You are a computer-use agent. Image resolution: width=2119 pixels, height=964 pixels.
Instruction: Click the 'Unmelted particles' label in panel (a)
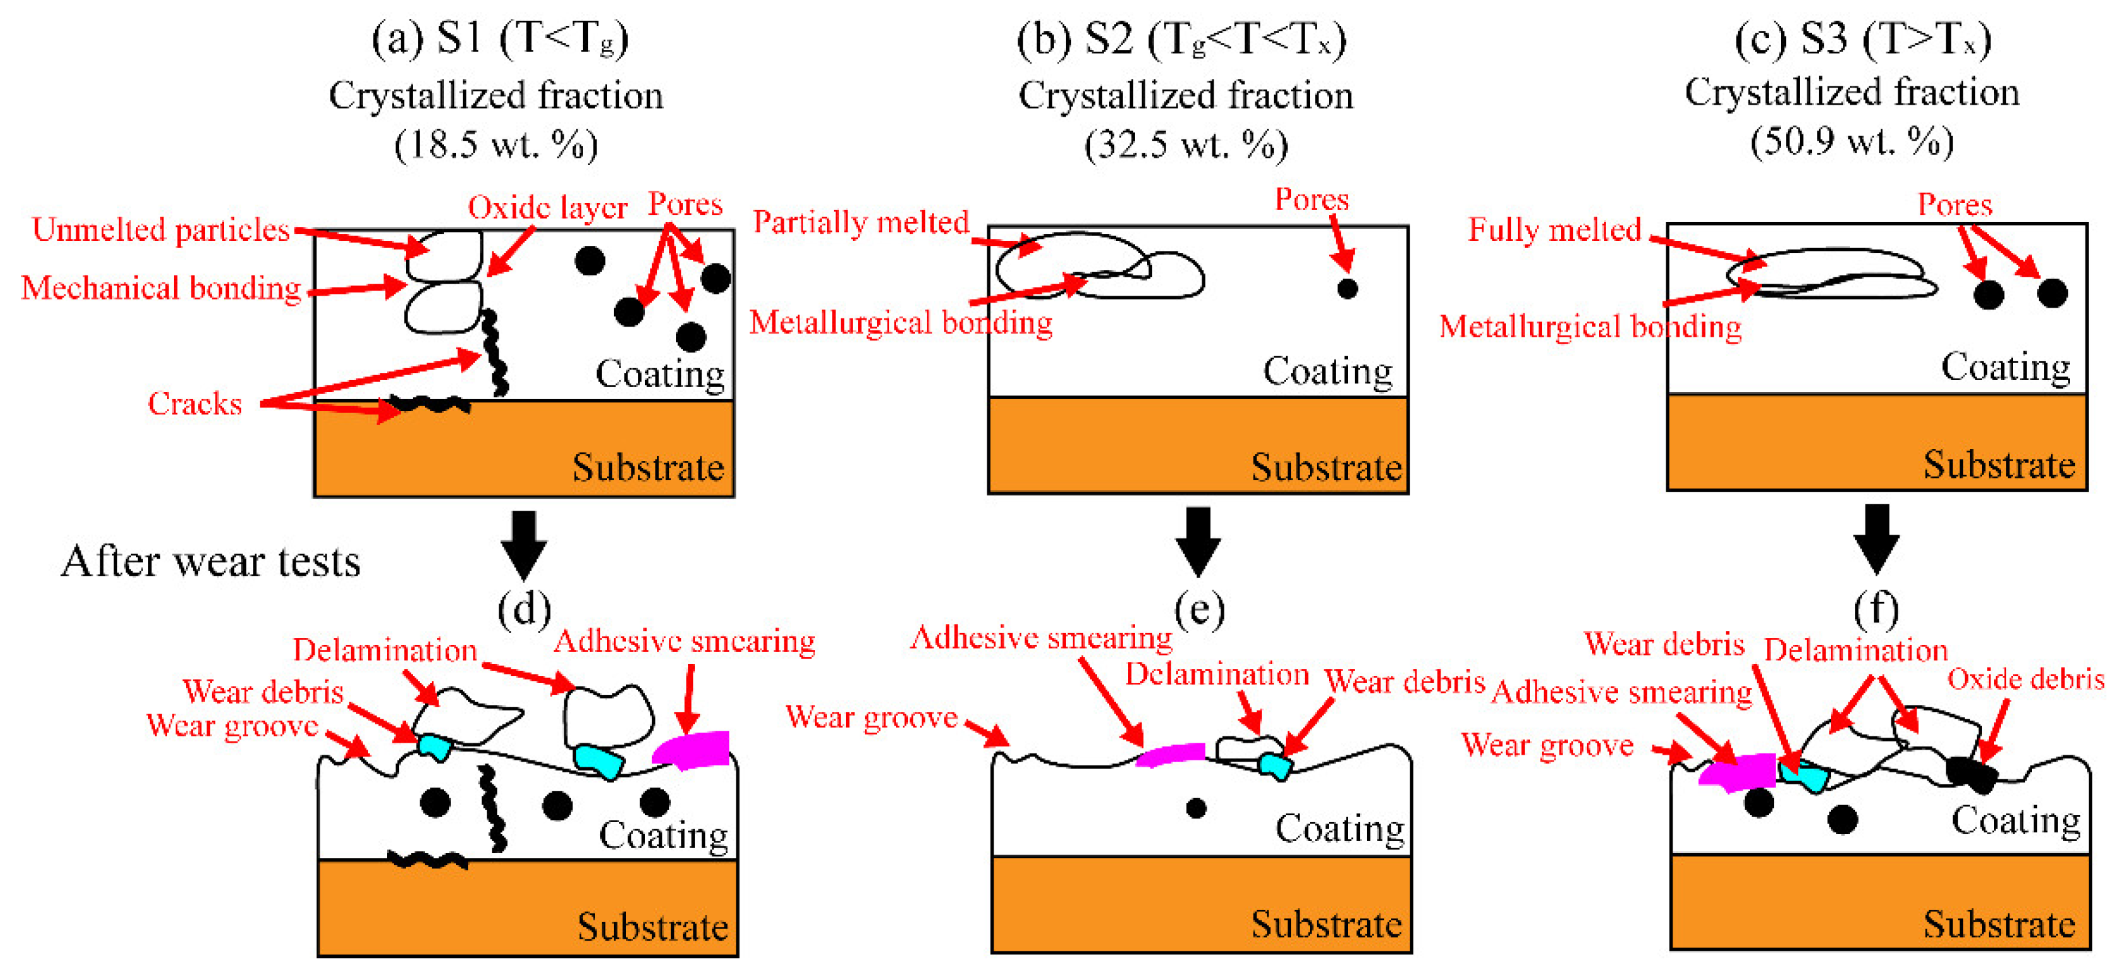coord(160,229)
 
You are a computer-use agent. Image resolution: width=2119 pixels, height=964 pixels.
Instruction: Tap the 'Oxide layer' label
coord(547,207)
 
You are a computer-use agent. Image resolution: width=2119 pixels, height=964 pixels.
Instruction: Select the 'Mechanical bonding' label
coord(161,288)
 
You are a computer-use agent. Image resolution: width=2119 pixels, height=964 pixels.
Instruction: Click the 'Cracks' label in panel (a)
coord(195,403)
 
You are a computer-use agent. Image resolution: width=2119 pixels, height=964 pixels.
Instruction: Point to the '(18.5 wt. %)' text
coord(496,145)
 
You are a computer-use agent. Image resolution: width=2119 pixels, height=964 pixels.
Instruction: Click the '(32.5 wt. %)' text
coord(1185,145)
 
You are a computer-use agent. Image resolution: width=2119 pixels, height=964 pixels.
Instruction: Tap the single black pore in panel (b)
coord(1347,289)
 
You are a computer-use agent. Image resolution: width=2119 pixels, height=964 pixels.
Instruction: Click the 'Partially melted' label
coord(861,222)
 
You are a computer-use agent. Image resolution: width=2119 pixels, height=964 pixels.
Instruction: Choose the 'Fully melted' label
coord(1554,229)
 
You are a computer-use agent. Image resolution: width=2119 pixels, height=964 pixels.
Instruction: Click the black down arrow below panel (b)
coord(1198,541)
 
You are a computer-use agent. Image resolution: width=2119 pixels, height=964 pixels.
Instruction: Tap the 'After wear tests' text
coord(211,562)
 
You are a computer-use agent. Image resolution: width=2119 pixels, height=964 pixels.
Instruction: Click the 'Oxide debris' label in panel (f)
coord(2025,680)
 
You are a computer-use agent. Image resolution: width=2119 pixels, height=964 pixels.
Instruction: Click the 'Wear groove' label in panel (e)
coord(871,717)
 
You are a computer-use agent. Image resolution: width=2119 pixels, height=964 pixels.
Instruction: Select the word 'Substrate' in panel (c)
coord(1999,465)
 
